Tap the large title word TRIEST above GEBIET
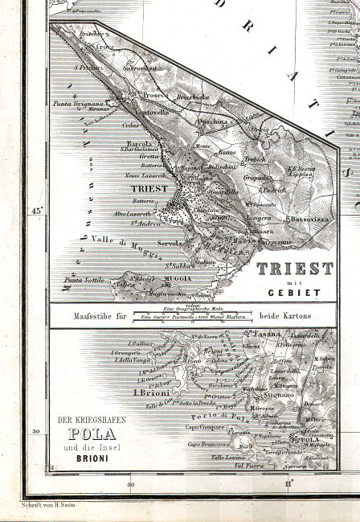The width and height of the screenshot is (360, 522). pos(294,268)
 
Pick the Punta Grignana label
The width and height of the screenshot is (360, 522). pos(77,104)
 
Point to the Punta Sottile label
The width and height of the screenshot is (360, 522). pos(84,280)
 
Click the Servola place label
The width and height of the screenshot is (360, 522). pos(169,243)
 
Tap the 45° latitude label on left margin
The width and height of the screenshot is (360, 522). pos(36,211)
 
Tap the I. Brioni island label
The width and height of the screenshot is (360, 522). pos(149,393)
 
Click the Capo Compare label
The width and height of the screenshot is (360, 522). pos(207,427)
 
